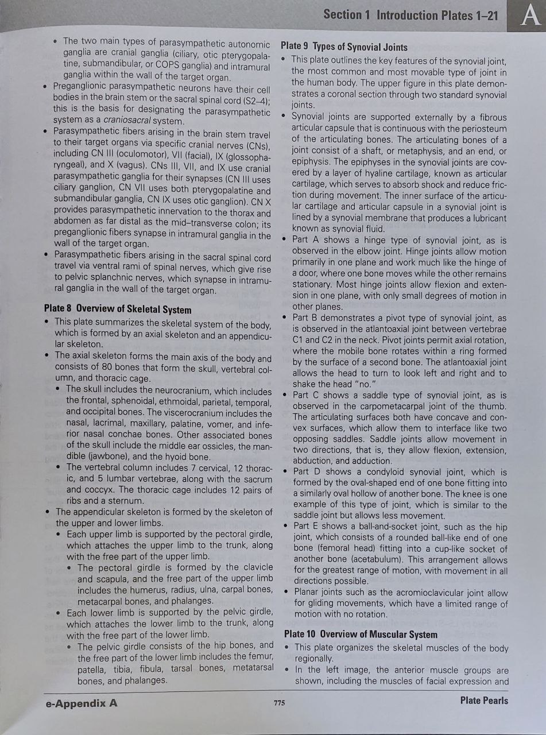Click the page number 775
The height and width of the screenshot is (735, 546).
click(x=280, y=702)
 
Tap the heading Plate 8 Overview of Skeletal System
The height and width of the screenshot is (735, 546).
click(x=117, y=310)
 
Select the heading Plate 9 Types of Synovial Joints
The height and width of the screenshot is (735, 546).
click(x=344, y=47)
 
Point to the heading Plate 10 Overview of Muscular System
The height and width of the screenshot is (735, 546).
click(x=361, y=635)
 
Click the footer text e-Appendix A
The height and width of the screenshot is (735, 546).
click(x=82, y=702)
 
